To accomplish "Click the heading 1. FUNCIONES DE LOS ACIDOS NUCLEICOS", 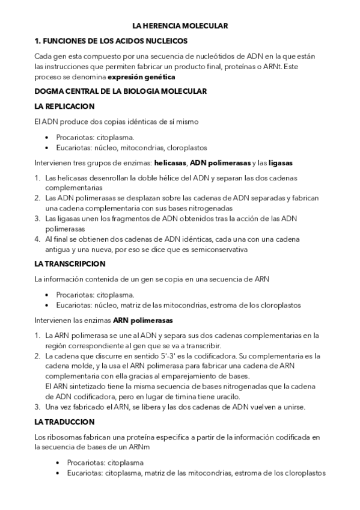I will click(111, 41).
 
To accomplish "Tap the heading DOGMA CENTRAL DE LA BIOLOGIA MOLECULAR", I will click(121, 91).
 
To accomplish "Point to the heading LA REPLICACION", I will click(65, 106).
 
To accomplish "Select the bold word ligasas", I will click(281, 162).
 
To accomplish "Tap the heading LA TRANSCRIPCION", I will click(70, 264).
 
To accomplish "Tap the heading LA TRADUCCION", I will click(65, 422).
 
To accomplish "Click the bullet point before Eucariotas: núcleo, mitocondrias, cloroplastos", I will click(47, 147).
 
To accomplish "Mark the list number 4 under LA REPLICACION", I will click(37, 239).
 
